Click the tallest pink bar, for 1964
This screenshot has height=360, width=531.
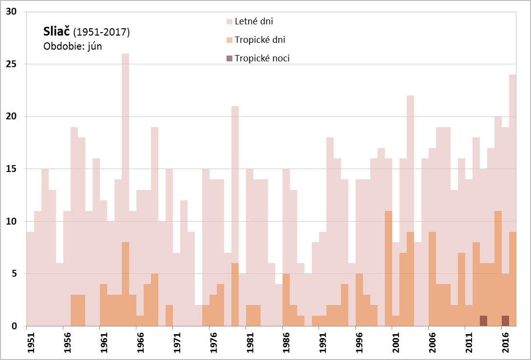pyautogui.click(x=125, y=146)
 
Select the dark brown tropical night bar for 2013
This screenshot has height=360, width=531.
pyautogui.click(x=483, y=321)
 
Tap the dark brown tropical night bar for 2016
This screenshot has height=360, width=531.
pyautogui.click(x=505, y=321)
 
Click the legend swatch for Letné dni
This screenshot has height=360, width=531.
pyautogui.click(x=229, y=22)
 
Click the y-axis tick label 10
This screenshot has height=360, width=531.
pyautogui.click(x=10, y=222)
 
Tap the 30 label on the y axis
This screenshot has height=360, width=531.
pyautogui.click(x=10, y=12)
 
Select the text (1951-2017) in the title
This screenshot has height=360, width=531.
pyautogui.click(x=101, y=33)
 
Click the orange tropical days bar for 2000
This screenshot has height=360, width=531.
pyautogui.click(x=388, y=268)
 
